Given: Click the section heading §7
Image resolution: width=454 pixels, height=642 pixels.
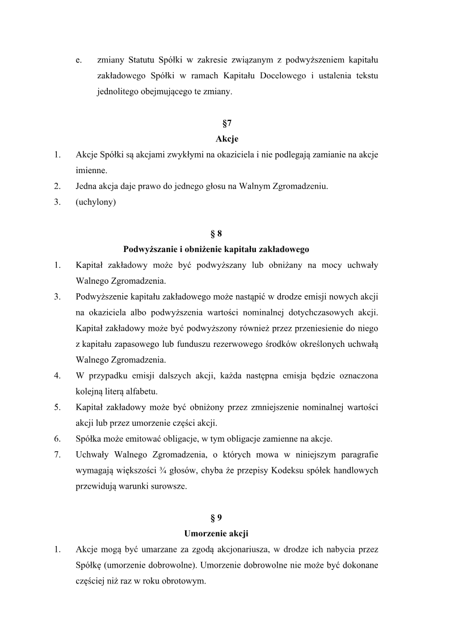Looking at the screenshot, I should (x=227, y=123).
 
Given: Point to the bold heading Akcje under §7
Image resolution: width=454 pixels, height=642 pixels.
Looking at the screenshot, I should (x=227, y=139).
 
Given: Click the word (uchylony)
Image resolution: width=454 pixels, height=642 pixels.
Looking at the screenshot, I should (x=96, y=202).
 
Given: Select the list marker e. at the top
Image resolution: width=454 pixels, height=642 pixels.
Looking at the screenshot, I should (x=78, y=60).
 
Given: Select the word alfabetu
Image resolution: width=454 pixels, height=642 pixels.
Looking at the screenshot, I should (x=140, y=391).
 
